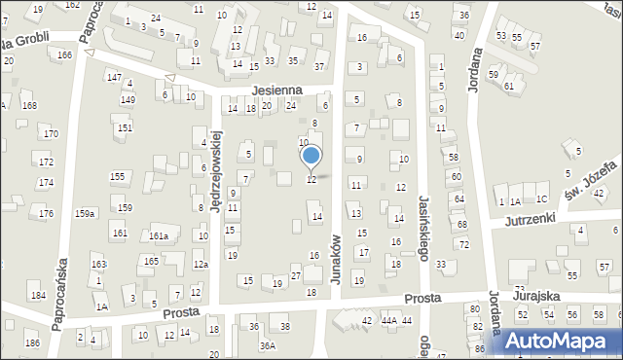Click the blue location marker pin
[x=311, y=156]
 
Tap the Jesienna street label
[x=275, y=90]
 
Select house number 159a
[x=86, y=213]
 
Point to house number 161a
[x=160, y=235]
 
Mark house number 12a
[x=201, y=264]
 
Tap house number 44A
[x=389, y=320]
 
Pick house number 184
[x=37, y=295]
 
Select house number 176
[x=45, y=213]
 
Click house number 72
[x=463, y=243]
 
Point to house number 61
[x=509, y=86]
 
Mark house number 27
[x=295, y=277]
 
